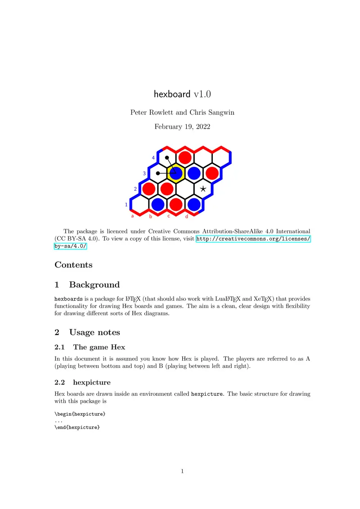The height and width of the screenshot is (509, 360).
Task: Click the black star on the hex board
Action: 203,189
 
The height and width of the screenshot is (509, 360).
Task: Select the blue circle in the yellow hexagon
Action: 176,173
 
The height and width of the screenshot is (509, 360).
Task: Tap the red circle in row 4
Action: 184,158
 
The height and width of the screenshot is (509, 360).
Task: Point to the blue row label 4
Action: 153,158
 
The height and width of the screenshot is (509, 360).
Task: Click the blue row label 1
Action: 126,205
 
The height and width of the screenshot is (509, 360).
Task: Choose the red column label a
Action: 132,216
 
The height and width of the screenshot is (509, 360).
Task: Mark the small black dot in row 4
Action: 166,158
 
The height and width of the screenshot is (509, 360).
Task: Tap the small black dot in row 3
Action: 157,173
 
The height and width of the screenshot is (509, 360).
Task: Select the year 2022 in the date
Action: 201,127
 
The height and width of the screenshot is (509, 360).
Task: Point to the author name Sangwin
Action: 219,112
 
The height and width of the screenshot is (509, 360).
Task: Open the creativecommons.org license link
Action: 253,239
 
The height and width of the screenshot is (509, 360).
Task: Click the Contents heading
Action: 73,265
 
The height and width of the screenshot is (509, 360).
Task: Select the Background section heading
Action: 94,285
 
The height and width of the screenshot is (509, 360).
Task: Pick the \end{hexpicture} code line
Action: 76,428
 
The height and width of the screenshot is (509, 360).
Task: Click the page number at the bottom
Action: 182,471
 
